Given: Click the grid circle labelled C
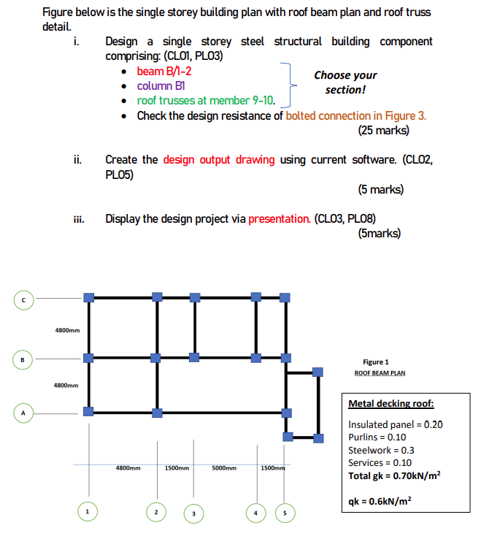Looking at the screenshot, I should click(x=23, y=298).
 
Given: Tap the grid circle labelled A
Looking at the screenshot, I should click(x=23, y=412).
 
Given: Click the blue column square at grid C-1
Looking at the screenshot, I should click(x=88, y=297).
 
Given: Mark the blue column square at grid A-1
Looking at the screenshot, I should click(x=88, y=412).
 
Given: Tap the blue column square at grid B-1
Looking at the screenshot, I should click(x=88, y=358).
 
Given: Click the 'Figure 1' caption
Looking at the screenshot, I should click(x=376, y=362).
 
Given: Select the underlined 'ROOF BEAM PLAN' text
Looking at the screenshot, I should click(x=380, y=372).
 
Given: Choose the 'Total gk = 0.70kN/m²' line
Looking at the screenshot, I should click(x=394, y=475).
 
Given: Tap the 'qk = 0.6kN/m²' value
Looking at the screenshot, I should click(x=380, y=501).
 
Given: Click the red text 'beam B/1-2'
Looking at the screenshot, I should click(x=164, y=71).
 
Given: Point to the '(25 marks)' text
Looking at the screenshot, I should click(x=384, y=131).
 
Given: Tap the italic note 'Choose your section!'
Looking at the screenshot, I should click(x=345, y=83).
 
